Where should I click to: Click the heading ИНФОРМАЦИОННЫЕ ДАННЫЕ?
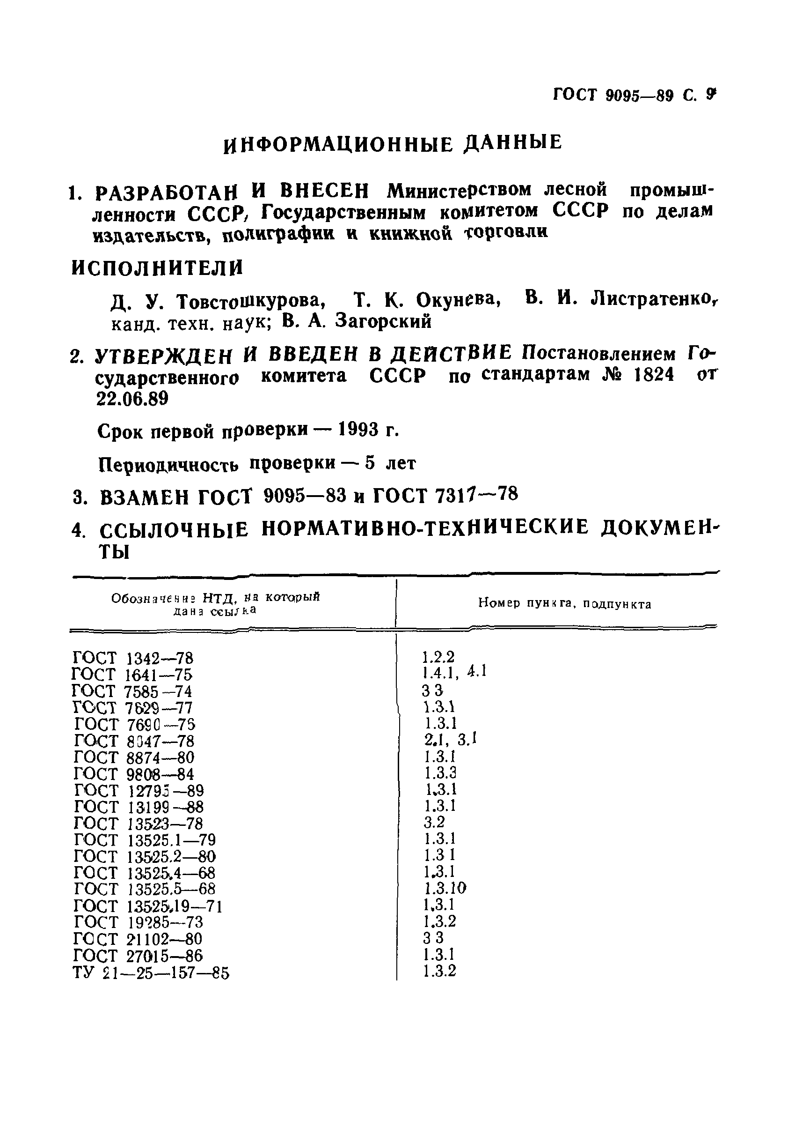click(393, 143)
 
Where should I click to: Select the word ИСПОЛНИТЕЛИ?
click(158, 268)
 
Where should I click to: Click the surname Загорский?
click(383, 322)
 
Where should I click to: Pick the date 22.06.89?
click(132, 399)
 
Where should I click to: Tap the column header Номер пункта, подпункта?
click(564, 604)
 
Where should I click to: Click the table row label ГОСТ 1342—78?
click(133, 658)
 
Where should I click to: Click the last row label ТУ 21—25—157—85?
click(151, 973)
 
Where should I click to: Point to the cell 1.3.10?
click(445, 889)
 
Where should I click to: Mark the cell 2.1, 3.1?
click(449, 740)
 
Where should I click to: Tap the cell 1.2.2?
click(438, 657)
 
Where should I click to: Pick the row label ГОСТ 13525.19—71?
click(148, 906)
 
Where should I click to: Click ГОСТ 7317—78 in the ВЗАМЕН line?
click(445, 494)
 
